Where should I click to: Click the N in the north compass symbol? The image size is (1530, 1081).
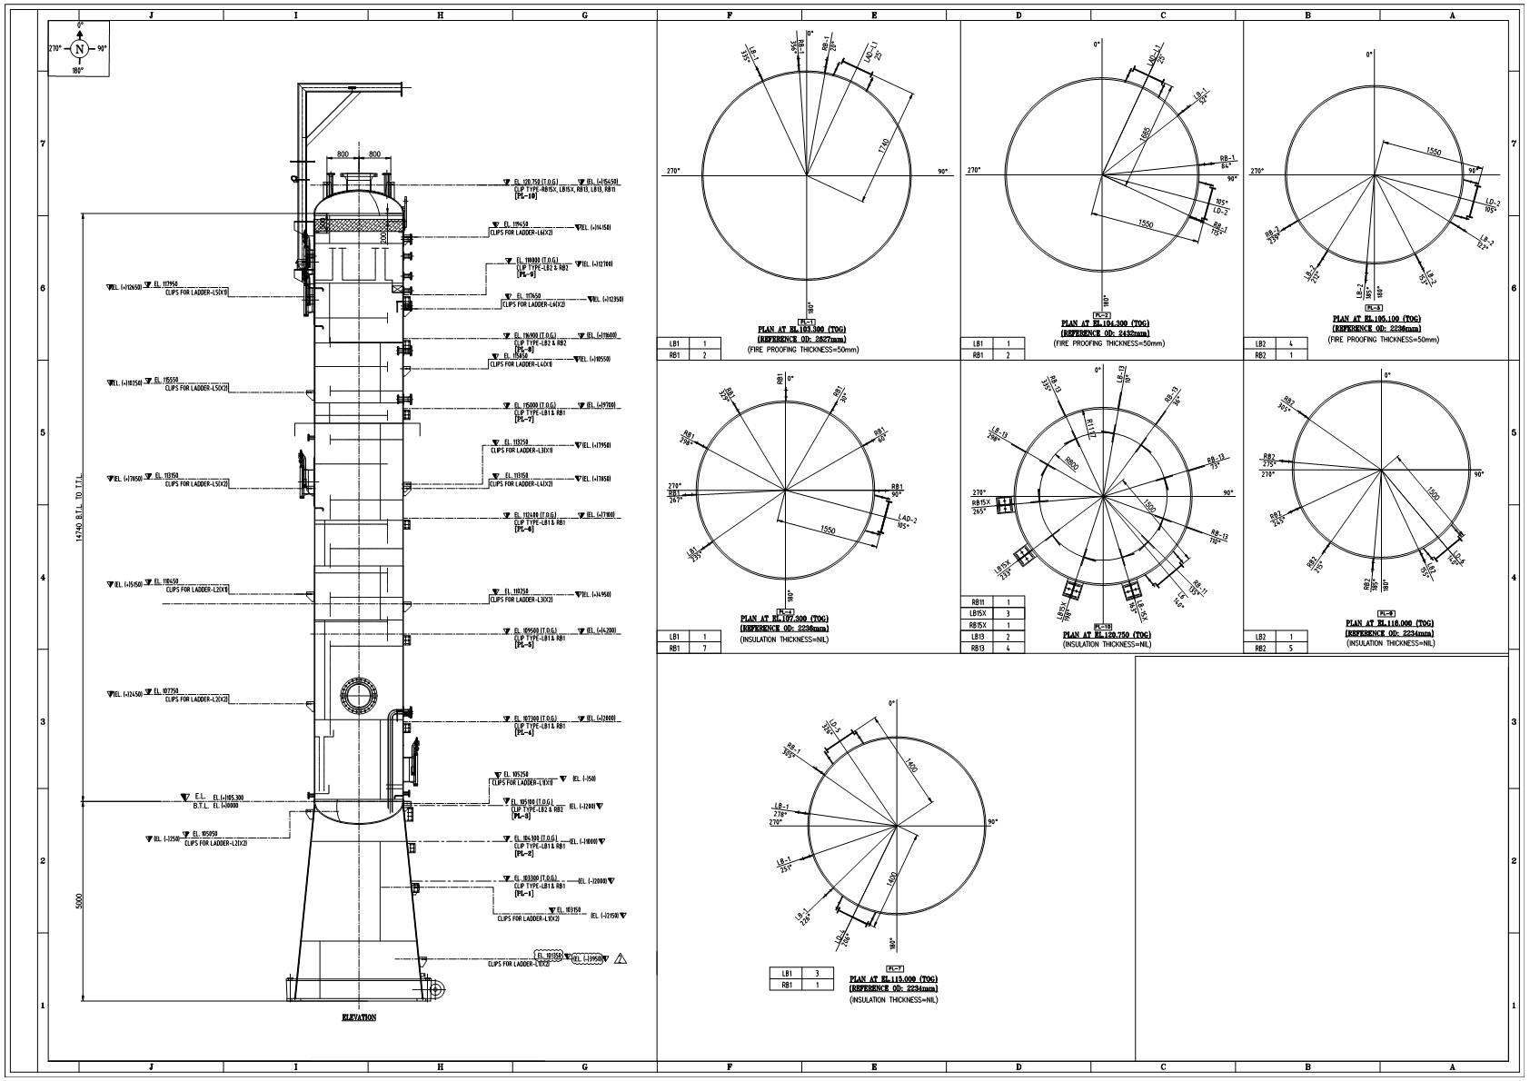point(79,49)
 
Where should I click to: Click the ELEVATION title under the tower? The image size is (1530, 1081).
point(359,1017)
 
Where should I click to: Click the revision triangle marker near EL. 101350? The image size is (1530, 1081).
point(621,958)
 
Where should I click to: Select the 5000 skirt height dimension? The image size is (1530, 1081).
point(79,901)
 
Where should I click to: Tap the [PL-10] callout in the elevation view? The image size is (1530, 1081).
point(525,196)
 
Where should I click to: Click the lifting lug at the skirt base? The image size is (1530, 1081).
point(433,989)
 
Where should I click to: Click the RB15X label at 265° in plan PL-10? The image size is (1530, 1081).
point(979,507)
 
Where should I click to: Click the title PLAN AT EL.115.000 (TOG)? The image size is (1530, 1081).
point(894,979)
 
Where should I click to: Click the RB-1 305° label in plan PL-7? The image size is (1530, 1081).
point(788,750)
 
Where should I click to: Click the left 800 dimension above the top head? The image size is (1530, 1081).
point(343,154)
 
